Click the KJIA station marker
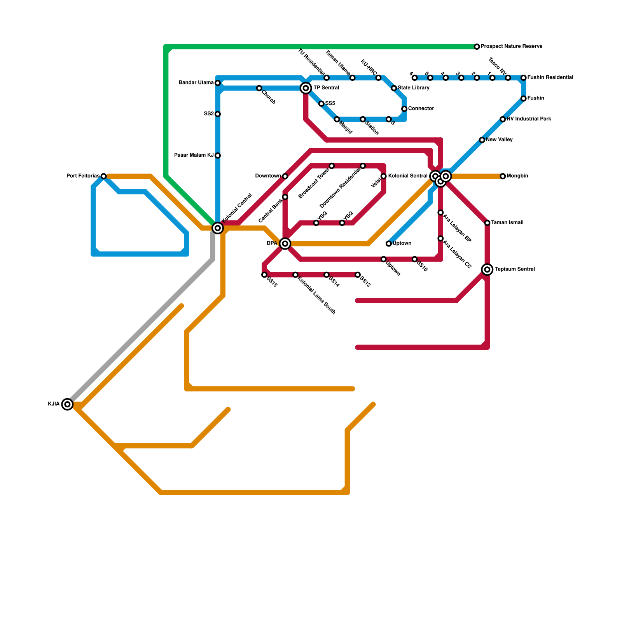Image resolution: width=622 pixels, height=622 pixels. point(67,404)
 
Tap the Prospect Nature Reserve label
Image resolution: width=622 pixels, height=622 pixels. point(511,47)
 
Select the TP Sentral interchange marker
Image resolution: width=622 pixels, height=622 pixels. point(306,88)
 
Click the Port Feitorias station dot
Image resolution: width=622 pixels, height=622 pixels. point(103,176)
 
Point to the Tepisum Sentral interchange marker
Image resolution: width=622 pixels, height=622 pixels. point(487,269)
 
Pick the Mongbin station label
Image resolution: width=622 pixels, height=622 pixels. point(517,176)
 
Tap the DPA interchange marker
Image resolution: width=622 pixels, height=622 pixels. point(285,244)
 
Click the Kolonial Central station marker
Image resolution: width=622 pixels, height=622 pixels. point(218,228)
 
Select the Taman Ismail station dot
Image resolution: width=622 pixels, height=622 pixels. point(487,223)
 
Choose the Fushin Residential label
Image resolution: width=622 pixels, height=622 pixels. point(550,78)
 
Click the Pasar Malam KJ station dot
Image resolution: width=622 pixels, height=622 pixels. point(218,155)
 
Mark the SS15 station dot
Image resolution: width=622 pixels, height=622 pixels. point(264,275)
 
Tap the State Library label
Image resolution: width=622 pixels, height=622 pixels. point(413,88)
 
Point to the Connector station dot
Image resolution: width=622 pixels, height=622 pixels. point(404,109)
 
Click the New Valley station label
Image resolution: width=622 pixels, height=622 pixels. point(499,140)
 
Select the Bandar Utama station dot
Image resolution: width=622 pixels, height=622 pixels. point(218,83)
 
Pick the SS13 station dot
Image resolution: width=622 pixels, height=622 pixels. point(358,275)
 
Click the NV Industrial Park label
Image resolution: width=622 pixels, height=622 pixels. point(529,119)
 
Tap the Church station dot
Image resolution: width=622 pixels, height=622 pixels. point(259,88)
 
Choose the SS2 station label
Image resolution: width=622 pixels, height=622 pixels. point(209,114)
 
